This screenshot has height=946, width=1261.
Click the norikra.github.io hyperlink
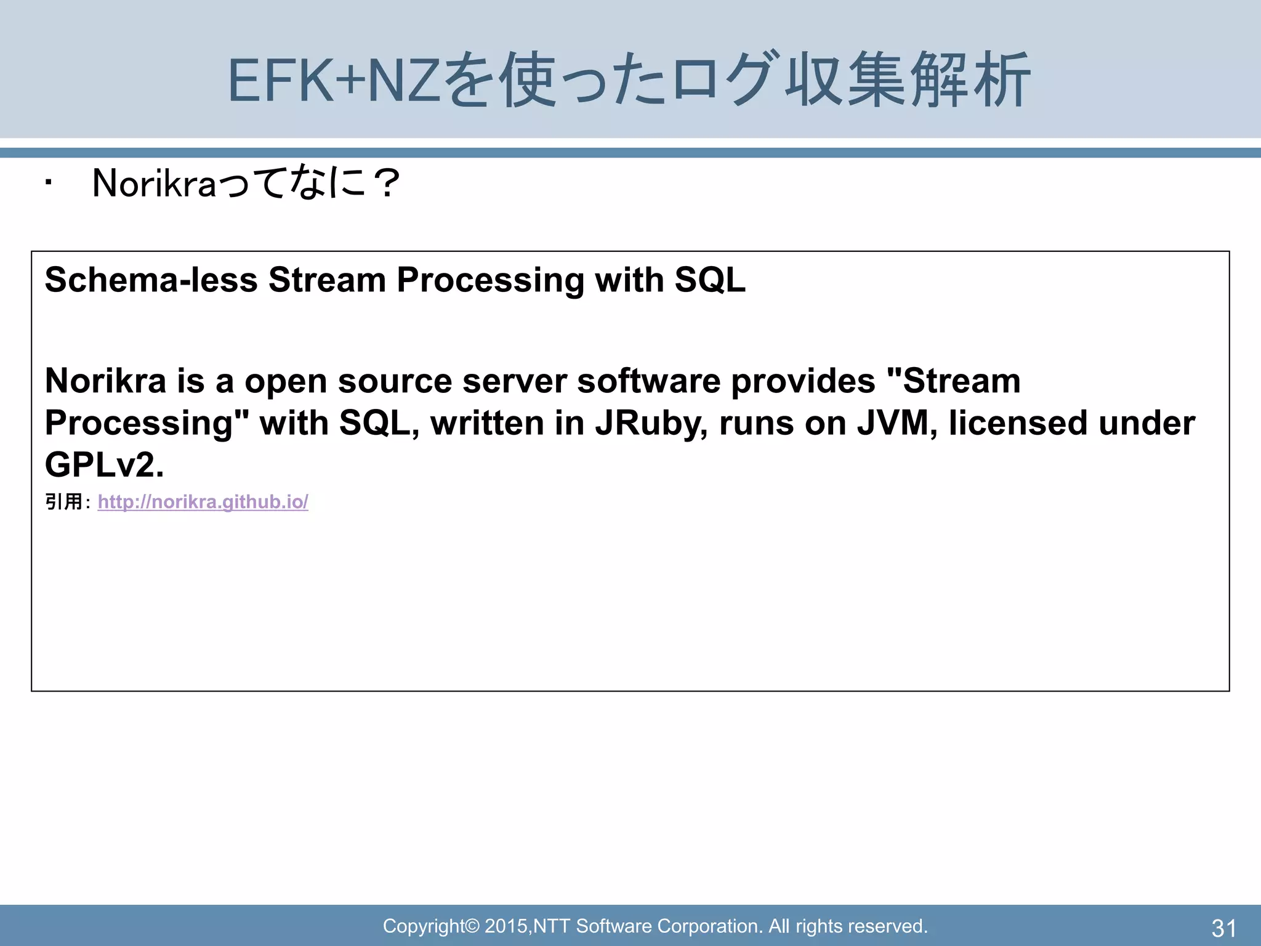tap(203, 502)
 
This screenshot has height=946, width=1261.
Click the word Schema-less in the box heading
tap(151, 280)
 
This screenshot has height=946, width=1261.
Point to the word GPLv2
tap(104, 465)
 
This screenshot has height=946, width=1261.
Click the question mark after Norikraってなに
tap(388, 184)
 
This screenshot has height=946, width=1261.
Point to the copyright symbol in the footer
tap(472, 926)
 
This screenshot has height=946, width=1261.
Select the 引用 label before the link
tap(64, 502)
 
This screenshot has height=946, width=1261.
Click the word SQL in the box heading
tap(710, 280)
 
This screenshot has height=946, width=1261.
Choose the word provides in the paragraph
tap(803, 381)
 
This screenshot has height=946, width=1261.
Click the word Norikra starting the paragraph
tap(105, 381)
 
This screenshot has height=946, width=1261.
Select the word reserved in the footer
tap(888, 926)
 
